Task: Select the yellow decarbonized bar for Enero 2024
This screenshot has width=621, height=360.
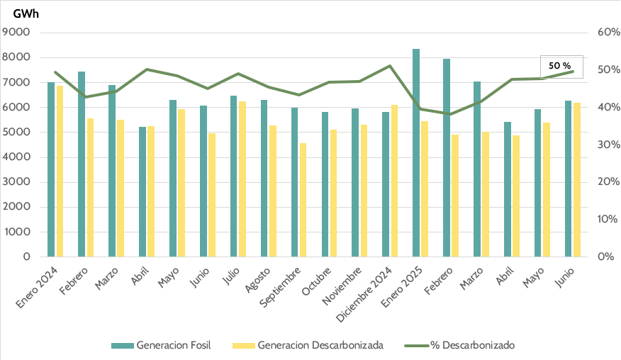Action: (60, 171)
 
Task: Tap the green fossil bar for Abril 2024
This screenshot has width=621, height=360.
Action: (142, 191)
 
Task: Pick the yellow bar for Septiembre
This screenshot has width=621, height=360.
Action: (303, 199)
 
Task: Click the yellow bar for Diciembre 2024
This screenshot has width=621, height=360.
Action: (395, 180)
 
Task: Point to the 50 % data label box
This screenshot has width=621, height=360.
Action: (561, 66)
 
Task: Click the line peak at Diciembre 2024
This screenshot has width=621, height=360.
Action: (391, 66)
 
